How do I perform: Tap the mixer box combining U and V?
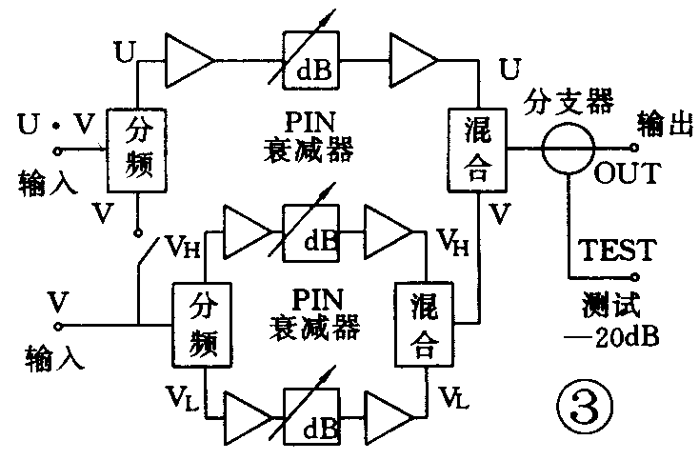tap(475, 149)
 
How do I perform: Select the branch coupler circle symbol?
tap(568, 149)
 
